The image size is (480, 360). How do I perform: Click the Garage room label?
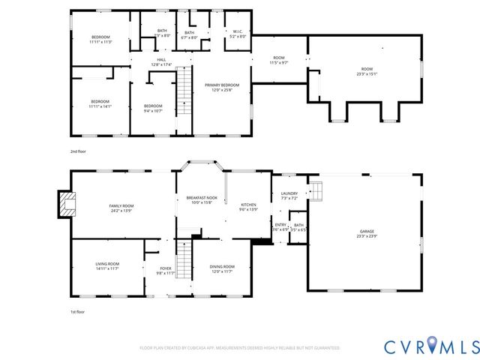pos(366,233)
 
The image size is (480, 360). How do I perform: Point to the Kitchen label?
pos(248,207)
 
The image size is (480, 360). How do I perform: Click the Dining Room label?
pos(222,268)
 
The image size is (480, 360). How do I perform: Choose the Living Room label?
pos(107,266)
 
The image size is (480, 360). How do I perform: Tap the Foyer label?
pos(166,271)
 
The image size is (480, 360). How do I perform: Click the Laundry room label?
pos(289,195)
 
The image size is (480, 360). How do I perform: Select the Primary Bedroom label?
pos(221,88)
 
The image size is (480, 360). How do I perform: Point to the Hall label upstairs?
pos(161,62)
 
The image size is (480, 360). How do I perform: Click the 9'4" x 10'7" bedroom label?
pos(153,108)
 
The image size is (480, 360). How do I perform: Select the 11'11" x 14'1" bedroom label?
pos(100,104)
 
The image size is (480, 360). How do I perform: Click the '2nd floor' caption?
pos(79,151)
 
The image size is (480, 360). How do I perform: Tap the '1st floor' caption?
pos(78,311)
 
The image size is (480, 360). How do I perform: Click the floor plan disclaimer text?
pos(240,348)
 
